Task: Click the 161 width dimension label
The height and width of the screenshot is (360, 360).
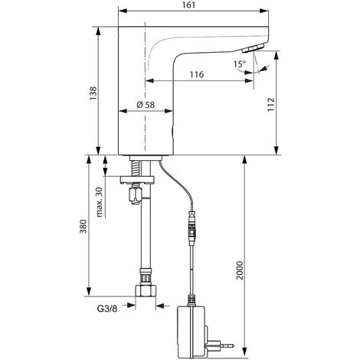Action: pos(189,5)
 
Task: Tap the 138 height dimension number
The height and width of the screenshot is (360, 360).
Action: pos(93,93)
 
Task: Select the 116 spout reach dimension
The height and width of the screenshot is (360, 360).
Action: pos(197,74)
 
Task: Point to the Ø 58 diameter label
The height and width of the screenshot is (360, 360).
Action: pos(146,105)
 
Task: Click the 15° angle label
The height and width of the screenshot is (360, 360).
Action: pos(239,64)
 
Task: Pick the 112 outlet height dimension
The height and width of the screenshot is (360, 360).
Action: pos(270,104)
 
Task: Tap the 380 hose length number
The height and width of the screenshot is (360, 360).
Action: pos(83,227)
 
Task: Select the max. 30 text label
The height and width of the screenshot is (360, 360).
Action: pos(99,202)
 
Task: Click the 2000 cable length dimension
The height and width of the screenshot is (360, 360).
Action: pos(240,270)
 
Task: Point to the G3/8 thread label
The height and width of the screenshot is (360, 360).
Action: pos(107,309)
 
